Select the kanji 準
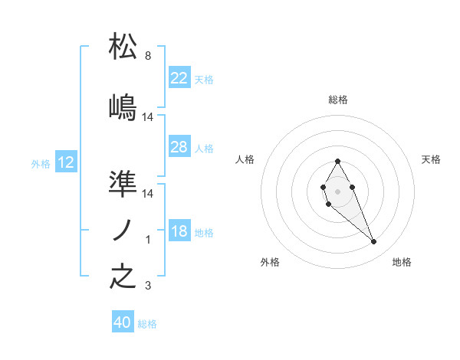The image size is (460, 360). pyautogui.click(x=123, y=184)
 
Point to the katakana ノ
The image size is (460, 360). pyautogui.click(x=123, y=231)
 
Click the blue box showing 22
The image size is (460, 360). pyautogui.click(x=179, y=78)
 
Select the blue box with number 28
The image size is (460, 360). pyautogui.click(x=179, y=147)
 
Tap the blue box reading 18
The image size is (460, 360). pyautogui.click(x=179, y=232)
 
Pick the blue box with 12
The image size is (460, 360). pyautogui.click(x=66, y=162)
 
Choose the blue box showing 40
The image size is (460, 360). pyautogui.click(x=123, y=322)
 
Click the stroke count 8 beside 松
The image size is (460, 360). pyautogui.click(x=147, y=56)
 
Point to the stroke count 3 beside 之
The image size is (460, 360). pyautogui.click(x=147, y=286)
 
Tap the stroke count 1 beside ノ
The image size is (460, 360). pyautogui.click(x=148, y=240)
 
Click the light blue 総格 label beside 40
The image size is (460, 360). pyautogui.click(x=147, y=324)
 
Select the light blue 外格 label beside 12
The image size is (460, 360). pyautogui.click(x=41, y=163)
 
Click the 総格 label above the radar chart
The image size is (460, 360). pyautogui.click(x=337, y=100)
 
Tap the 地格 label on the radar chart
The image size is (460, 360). pyautogui.click(x=402, y=262)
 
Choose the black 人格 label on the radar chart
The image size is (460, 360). pyautogui.click(x=245, y=159)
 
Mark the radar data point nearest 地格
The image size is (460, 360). pyautogui.click(x=374, y=242)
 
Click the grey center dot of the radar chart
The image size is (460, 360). pyautogui.click(x=337, y=190)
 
